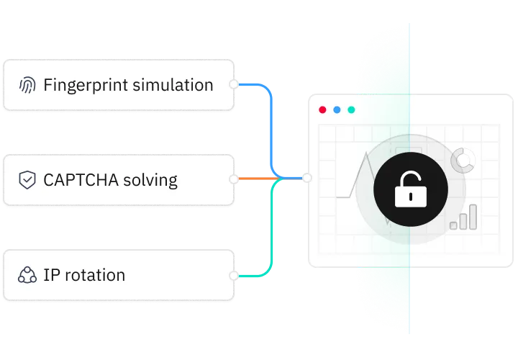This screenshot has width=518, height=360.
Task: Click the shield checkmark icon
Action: pos(27,179)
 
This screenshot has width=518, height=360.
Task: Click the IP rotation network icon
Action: pos(27,274)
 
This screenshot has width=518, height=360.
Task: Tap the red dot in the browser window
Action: pos(322,110)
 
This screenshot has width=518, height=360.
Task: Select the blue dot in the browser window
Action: pos(337,110)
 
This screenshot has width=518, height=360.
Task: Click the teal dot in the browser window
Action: pos(351,110)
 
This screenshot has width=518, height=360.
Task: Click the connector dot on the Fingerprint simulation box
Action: pos(233,84)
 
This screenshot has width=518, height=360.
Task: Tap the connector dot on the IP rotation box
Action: pos(233,275)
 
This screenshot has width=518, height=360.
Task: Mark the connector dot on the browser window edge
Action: pos(307,178)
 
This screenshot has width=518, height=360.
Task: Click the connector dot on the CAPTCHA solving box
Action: pos(233,178)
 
